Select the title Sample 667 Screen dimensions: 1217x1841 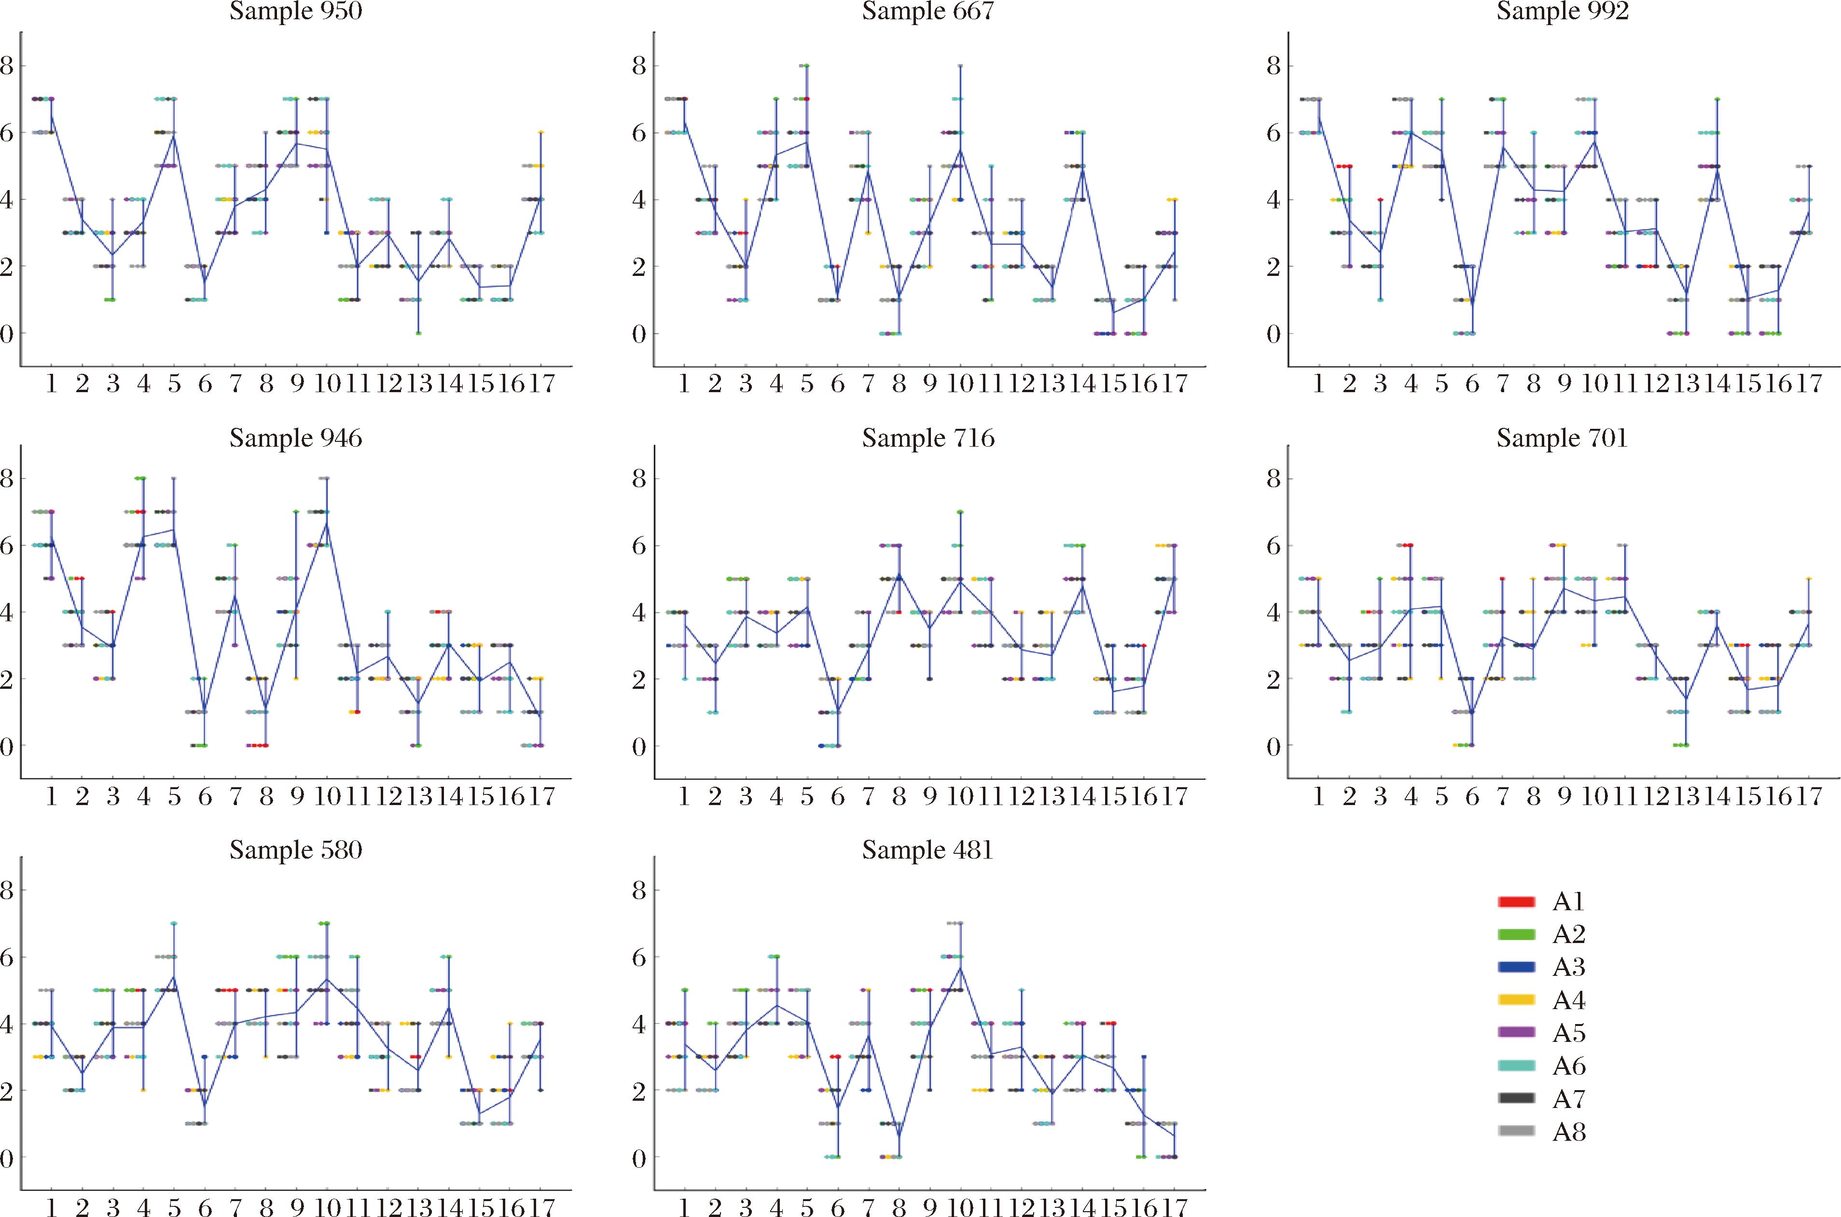click(x=928, y=12)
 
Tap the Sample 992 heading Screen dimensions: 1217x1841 click(x=1562, y=12)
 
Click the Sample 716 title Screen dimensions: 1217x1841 click(x=928, y=438)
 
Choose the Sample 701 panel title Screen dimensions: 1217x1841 click(x=1562, y=438)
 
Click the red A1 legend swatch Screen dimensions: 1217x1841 click(x=1516, y=902)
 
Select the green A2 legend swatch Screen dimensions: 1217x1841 click(x=1516, y=934)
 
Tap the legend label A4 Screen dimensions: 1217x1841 click(x=1568, y=1000)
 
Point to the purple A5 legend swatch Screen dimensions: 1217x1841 click(x=1516, y=1033)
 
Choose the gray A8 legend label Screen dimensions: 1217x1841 click(x=1568, y=1132)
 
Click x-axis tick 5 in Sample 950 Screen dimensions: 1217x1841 click(x=174, y=384)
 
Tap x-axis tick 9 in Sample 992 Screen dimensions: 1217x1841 click(x=1564, y=384)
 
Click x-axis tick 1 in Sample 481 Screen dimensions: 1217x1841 click(x=684, y=1207)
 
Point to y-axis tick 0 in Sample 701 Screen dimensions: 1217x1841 click(x=1274, y=747)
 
